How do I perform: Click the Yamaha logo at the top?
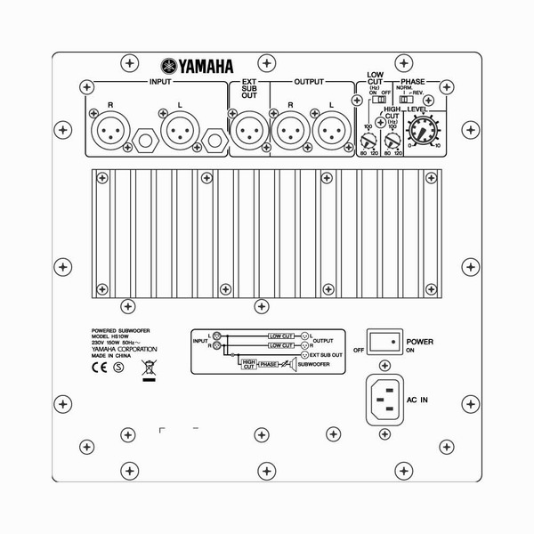[198, 65]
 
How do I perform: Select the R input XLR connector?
[109, 131]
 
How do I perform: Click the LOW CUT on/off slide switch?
[377, 102]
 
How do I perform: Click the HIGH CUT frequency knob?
[392, 137]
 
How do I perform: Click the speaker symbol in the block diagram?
[292, 364]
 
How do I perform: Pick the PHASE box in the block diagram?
[269, 364]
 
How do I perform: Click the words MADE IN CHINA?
[114, 352]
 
